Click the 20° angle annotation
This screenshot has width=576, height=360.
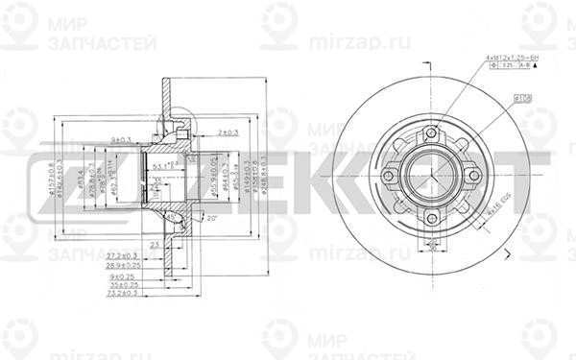(210, 218)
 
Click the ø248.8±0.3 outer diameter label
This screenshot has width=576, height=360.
(263, 179)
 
